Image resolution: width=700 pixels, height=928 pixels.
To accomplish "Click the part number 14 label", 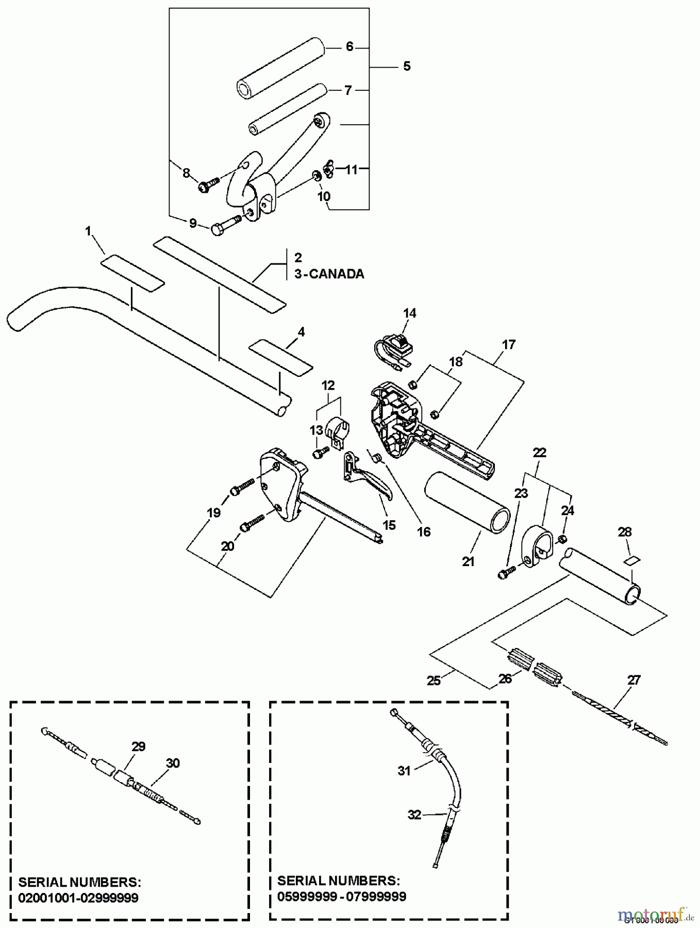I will tap(409, 313).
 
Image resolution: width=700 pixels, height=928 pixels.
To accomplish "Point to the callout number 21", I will tap(468, 561).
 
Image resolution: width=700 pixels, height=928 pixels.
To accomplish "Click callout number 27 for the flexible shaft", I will tap(634, 680).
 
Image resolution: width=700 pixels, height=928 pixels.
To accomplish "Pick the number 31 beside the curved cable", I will tap(404, 771).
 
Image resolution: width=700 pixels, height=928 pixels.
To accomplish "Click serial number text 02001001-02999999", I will tap(78, 898).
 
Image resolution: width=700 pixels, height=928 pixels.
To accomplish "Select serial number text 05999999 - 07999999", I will tap(342, 897).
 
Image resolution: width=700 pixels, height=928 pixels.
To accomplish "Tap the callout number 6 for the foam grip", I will tap(349, 47).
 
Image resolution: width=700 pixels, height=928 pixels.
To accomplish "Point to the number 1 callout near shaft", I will tap(88, 231).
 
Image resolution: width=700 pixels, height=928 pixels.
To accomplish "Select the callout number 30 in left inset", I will tap(173, 763).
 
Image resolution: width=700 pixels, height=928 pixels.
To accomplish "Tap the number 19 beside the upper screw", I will tap(213, 512).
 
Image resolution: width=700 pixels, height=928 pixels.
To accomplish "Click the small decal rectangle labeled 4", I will tap(281, 356).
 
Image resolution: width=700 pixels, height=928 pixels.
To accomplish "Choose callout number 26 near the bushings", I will tap(505, 678).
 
